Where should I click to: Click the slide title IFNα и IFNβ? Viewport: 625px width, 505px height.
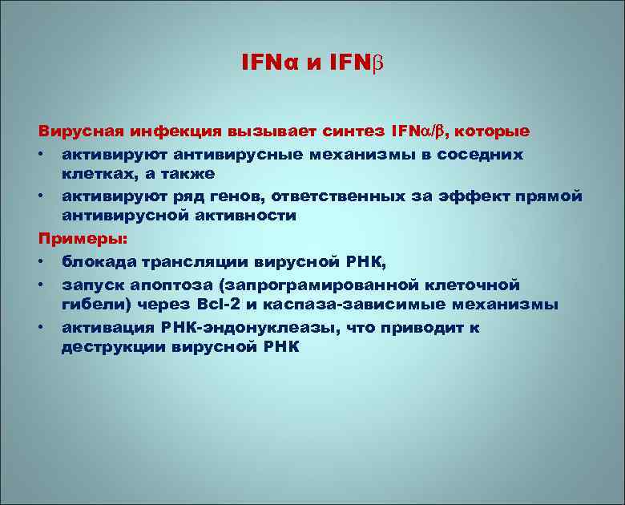pyautogui.click(x=312, y=62)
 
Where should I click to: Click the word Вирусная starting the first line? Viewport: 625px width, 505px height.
pyautogui.click(x=74, y=131)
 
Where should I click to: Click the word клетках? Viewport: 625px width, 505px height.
pyautogui.click(x=93, y=173)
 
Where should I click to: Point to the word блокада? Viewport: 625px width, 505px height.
pyautogui.click(x=97, y=261)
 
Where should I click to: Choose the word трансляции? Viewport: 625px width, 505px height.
pyautogui.click(x=190, y=261)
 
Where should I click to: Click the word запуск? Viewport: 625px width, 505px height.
pyautogui.click(x=91, y=284)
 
